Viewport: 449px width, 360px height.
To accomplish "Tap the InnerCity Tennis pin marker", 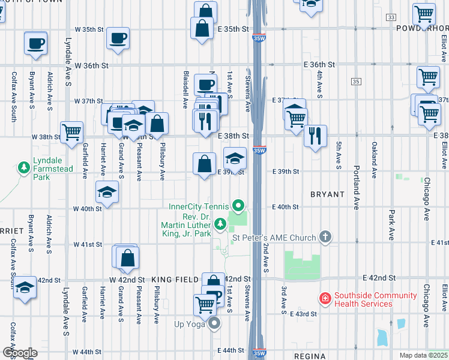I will coord(239,207).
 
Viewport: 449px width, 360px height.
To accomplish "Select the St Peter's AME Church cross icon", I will coord(325,238).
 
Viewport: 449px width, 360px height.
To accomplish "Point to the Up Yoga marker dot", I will coord(215,324).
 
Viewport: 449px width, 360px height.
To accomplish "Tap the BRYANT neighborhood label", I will coord(327,194).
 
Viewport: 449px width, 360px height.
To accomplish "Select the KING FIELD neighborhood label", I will coord(175,280).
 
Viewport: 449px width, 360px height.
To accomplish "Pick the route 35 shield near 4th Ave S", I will coord(357,81).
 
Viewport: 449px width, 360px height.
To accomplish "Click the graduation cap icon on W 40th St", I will coord(107,191).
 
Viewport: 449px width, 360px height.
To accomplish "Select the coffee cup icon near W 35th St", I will coord(118,38).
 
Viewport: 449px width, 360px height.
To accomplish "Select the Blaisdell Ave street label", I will coord(185,90).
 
